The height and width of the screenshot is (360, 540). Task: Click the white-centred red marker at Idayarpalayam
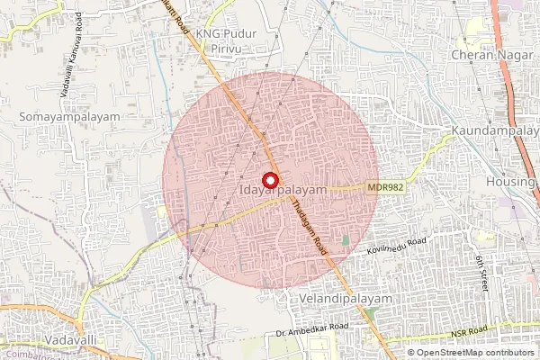(269, 179)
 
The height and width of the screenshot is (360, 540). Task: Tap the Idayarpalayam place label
(283, 191)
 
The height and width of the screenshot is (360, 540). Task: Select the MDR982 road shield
(384, 187)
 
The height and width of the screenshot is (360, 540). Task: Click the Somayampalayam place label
(57, 118)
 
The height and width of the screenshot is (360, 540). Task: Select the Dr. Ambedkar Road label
(310, 327)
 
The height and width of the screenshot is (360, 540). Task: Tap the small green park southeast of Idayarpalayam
(345, 241)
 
